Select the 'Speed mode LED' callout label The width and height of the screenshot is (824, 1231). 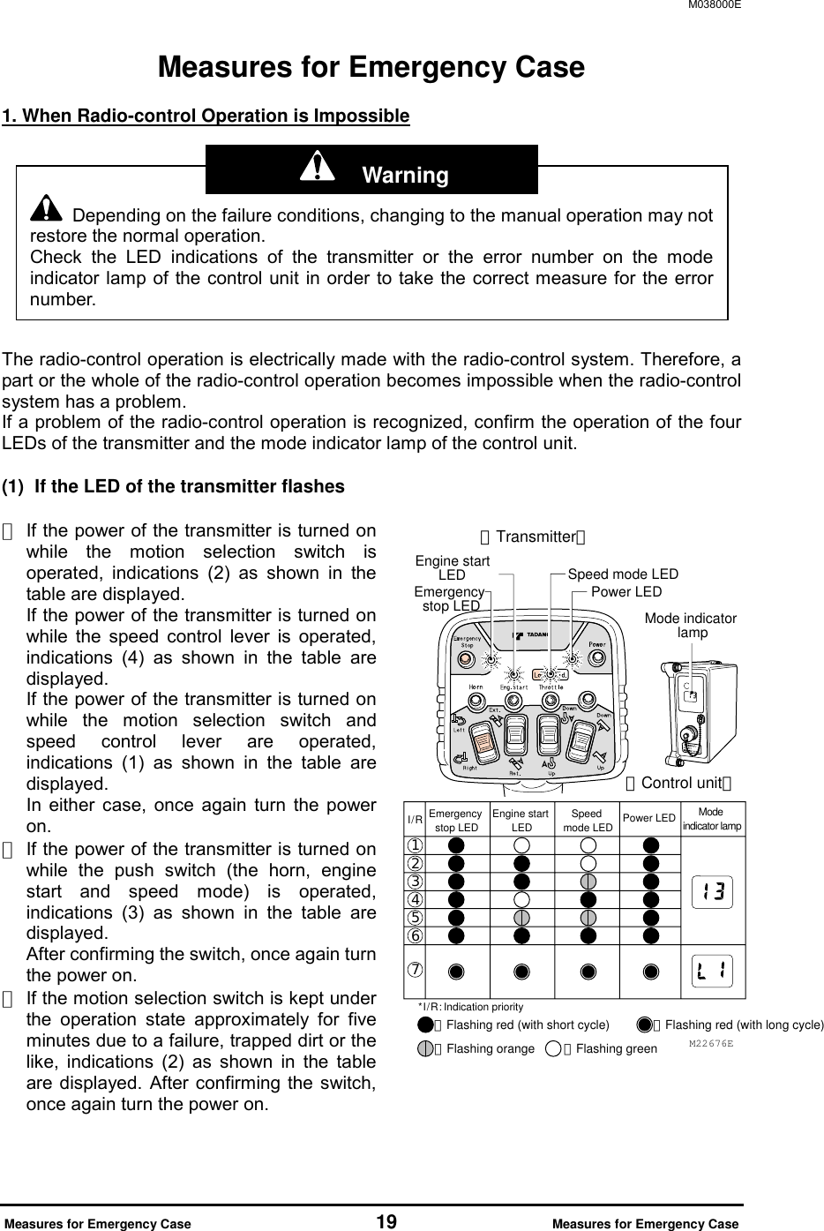click(x=623, y=574)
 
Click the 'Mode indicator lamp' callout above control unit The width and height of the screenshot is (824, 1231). click(x=691, y=626)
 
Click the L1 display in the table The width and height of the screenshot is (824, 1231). click(x=713, y=972)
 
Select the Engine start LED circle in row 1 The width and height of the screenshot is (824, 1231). click(x=521, y=844)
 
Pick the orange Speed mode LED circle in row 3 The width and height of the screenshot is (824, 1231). click(x=588, y=881)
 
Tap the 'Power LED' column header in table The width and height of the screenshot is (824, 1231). click(x=649, y=818)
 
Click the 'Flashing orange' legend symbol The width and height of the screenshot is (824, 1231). click(x=426, y=1049)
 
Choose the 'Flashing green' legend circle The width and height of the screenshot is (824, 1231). click(x=553, y=1049)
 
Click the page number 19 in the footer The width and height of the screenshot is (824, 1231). click(x=386, y=1222)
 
